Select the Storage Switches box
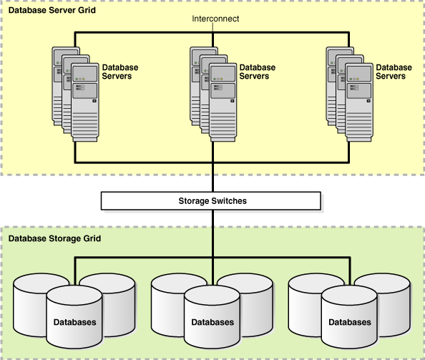[x=212, y=200]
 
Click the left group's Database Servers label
[x=120, y=72]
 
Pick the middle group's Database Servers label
[x=258, y=72]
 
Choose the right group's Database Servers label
[x=394, y=72]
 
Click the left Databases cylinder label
[x=75, y=322]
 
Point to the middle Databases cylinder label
[x=212, y=322]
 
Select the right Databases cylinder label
[x=350, y=322]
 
